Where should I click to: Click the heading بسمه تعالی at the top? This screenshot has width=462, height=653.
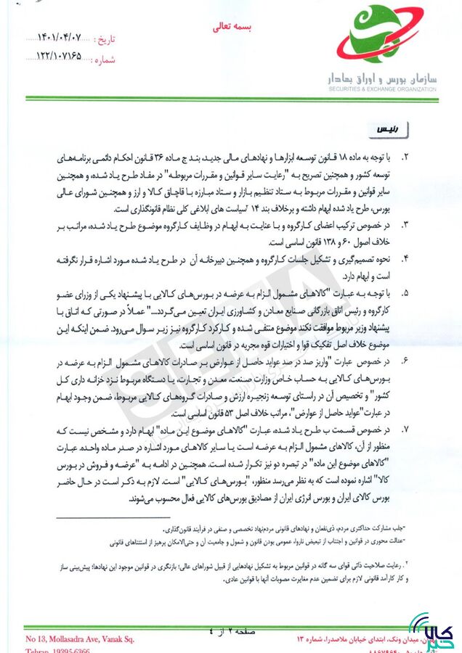(230, 27)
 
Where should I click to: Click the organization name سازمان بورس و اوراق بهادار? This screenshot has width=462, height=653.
(381, 77)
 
